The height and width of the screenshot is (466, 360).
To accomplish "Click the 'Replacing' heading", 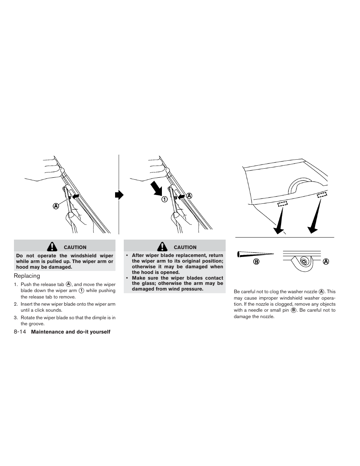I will coord(27,276).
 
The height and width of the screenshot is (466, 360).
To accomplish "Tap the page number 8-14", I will coord(19,332).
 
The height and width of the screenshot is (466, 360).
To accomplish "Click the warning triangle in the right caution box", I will coord(163,247).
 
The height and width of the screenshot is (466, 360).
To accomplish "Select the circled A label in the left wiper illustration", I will coord(56,206).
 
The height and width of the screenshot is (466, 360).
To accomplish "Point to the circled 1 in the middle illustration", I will coord(165,199).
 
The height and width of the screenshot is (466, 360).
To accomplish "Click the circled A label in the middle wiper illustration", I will coord(189,196).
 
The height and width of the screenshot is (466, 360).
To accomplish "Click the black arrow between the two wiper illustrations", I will coord(119,195).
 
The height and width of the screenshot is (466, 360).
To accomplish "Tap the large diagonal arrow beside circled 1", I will coord(156,188).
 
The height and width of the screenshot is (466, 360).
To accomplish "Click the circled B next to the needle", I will coord(257,261).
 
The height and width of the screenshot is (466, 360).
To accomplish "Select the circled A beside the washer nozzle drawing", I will coord(326,261).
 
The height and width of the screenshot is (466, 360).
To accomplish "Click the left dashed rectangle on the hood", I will coord(283,204).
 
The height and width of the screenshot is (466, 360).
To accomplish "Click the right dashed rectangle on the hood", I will coord(322,195).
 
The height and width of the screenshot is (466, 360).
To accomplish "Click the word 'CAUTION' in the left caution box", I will coord(75,247).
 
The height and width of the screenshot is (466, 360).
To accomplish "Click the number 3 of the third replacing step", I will coord(15,318).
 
